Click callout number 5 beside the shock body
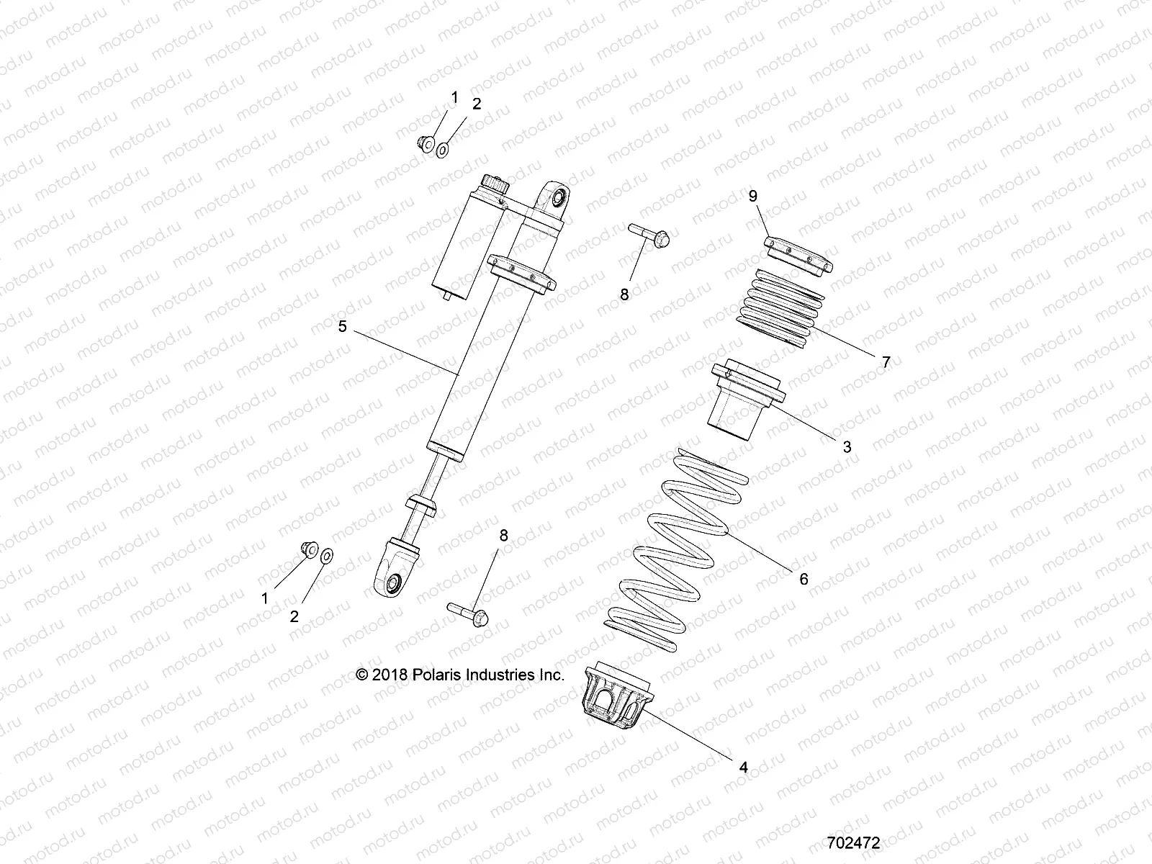[x=342, y=326]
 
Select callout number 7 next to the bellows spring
[x=886, y=362]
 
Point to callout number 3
[x=847, y=446]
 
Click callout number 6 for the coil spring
[x=804, y=578]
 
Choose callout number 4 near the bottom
[x=744, y=768]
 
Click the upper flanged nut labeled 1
[x=425, y=144]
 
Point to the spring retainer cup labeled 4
[x=616, y=698]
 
